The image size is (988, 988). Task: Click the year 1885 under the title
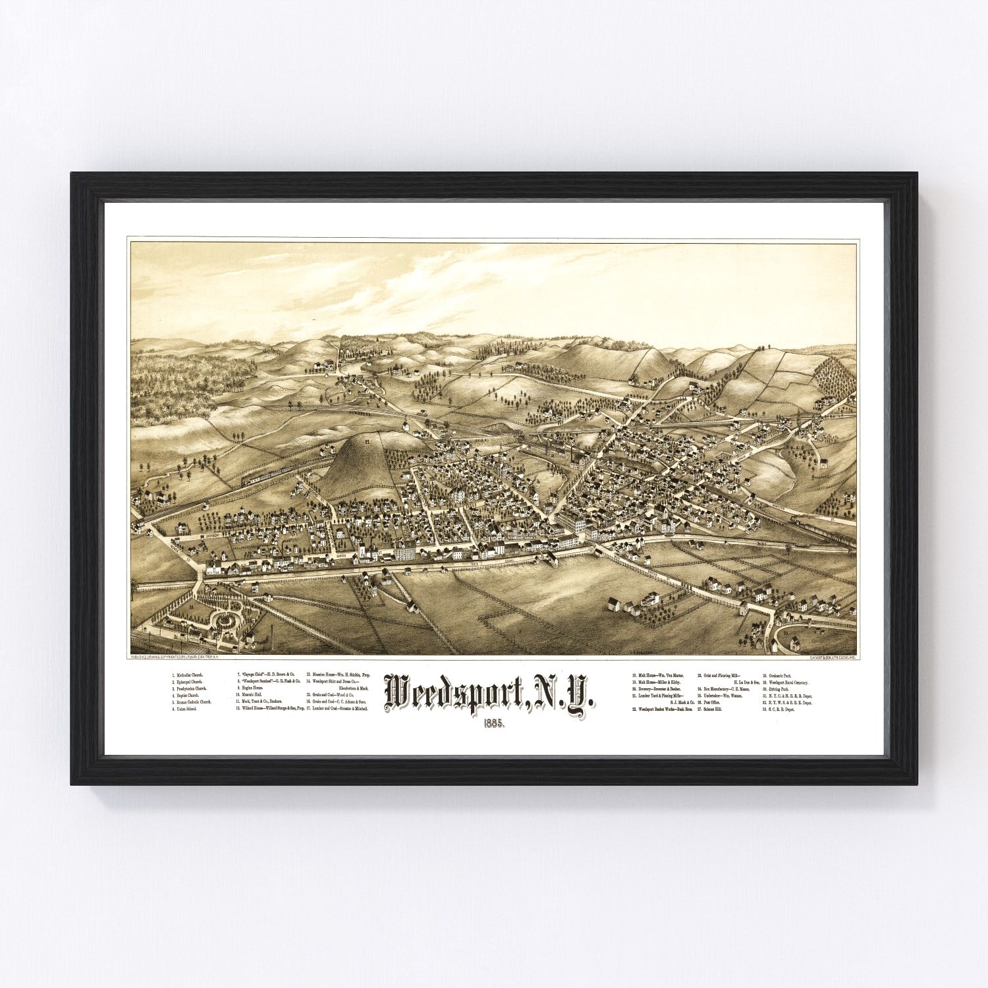tap(493, 723)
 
